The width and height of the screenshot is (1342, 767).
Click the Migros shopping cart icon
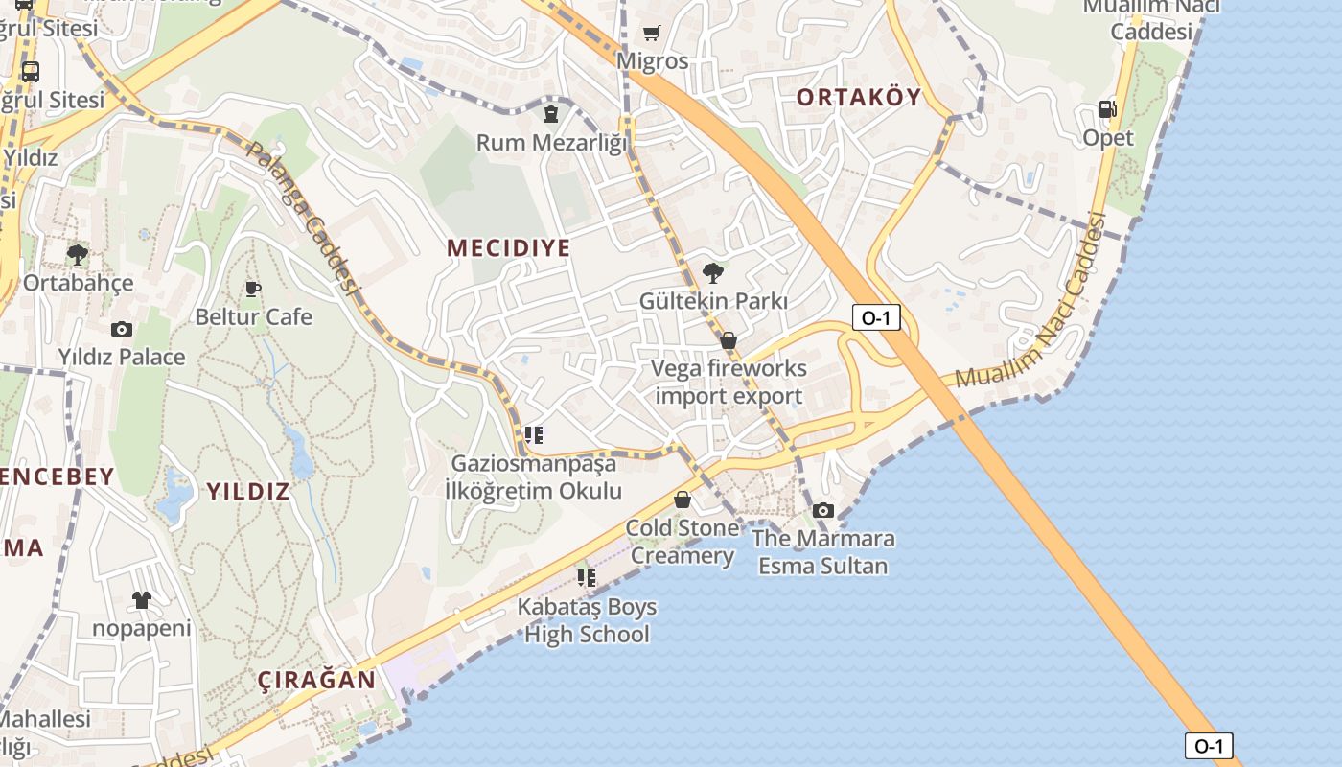click(x=652, y=34)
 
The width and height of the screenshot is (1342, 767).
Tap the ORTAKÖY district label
click(x=859, y=97)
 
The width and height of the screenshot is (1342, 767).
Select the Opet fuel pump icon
click(x=1107, y=109)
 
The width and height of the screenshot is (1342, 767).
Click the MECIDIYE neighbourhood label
click(x=508, y=248)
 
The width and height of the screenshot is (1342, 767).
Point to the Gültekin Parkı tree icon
click(x=712, y=273)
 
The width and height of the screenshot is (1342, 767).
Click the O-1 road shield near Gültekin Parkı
click(x=876, y=317)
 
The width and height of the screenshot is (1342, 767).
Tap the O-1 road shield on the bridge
click(x=1209, y=746)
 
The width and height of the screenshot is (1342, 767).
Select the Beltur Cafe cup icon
click(x=253, y=289)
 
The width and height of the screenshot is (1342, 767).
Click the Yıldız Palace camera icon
click(x=122, y=329)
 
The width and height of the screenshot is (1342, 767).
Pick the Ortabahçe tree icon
click(x=78, y=255)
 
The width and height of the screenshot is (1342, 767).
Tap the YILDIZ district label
click(x=248, y=492)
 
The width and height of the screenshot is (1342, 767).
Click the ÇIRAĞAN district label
click(x=316, y=681)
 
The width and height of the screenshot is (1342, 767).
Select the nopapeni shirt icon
click(x=142, y=600)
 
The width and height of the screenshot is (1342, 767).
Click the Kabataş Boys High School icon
click(x=586, y=578)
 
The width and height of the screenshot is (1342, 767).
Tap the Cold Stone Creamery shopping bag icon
click(x=683, y=500)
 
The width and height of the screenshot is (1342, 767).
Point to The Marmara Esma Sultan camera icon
click(x=823, y=510)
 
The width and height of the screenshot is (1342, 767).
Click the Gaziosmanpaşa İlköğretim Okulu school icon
click(x=534, y=435)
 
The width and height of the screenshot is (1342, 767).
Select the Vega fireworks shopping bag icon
click(x=729, y=340)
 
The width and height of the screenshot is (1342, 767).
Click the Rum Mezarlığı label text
click(x=551, y=143)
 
